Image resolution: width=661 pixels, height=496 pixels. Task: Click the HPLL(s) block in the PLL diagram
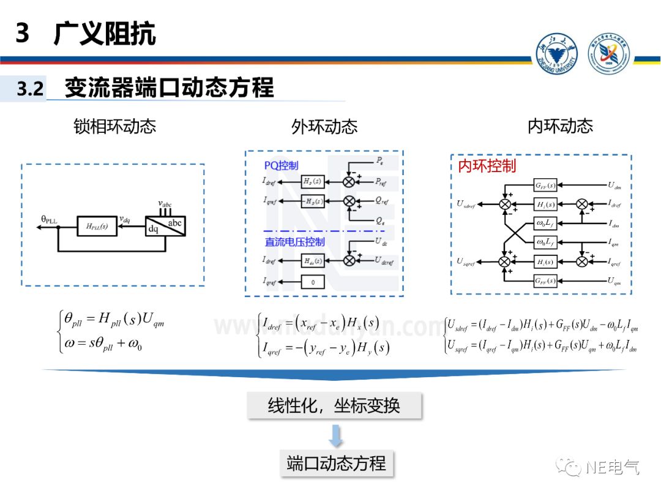(96, 227)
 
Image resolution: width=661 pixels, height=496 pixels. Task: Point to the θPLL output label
(49, 219)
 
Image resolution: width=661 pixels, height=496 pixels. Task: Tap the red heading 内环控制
(487, 166)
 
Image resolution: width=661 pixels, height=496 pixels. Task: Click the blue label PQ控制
(282, 165)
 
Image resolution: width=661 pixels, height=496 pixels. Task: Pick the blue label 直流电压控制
(295, 241)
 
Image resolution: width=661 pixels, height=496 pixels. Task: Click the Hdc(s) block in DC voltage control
(313, 260)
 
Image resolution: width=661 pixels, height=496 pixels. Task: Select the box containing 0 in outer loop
(313, 282)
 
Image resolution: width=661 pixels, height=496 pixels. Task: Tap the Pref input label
(380, 182)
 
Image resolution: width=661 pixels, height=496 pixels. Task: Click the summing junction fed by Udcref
(349, 260)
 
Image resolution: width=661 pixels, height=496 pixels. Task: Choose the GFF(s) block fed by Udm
(545, 186)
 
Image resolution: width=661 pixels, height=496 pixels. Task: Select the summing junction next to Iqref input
(582, 262)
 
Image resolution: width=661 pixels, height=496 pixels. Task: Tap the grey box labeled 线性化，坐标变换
(334, 405)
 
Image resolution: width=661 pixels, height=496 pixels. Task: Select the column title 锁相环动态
(115, 126)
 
